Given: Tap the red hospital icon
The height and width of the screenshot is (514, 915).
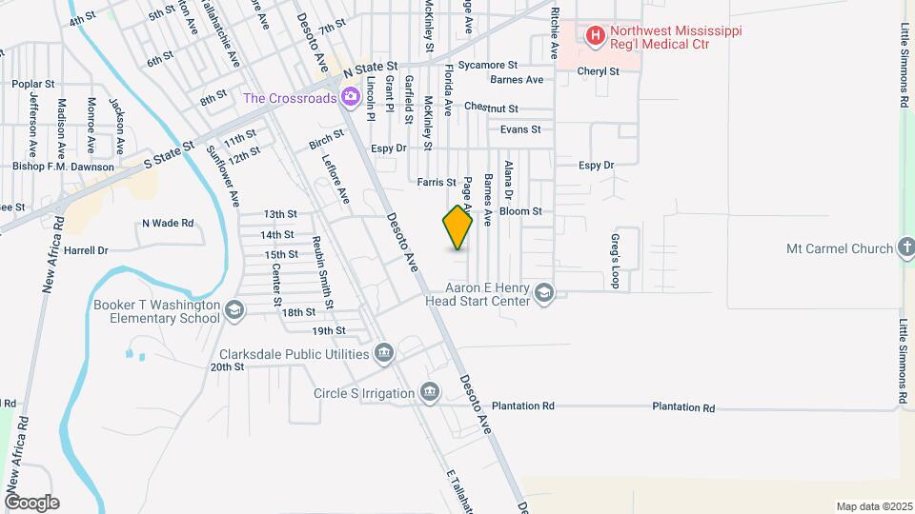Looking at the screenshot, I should coord(596,37).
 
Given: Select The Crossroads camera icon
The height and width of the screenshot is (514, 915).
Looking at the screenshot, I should coord(351,97).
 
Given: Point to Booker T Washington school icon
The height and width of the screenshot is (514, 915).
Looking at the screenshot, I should coord(234,310).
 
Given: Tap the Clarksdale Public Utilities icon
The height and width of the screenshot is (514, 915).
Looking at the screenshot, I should coord(384,354).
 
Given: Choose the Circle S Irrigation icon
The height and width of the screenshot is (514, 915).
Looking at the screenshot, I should coord(430,393).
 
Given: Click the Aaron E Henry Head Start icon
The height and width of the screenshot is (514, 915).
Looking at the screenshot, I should coord(544,293).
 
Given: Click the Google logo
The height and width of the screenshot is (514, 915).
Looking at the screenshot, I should coord(31,502).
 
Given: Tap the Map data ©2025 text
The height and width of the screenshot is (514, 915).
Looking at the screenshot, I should coord(872,505).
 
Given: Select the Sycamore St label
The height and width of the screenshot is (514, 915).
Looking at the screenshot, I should coord(487,66).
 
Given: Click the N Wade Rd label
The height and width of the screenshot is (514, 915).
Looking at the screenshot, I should coord(168,224).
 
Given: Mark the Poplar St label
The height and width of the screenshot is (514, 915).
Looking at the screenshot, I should coord(31,84).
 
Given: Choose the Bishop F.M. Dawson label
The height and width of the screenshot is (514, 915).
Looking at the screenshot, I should coord(65,167).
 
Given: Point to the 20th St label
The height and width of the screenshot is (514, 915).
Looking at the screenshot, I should coord(229,366).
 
